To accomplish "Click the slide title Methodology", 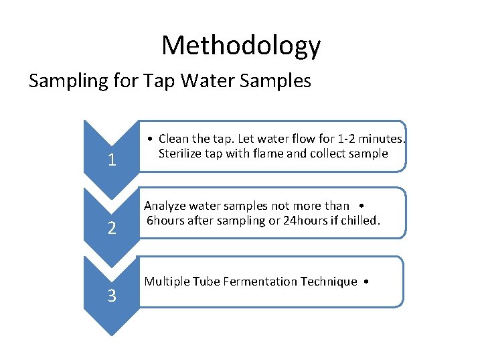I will tap(241, 46).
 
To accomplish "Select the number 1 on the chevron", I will tap(112, 160).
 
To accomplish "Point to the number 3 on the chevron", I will tap(112, 295).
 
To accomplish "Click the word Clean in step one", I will tap(173, 139).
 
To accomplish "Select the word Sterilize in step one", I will tap(181, 154).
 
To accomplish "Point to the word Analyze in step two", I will tap(165, 206).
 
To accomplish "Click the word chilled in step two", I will tap(361, 221).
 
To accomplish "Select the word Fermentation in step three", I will tap(246, 282).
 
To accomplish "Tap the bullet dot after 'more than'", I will tap(361, 206).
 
